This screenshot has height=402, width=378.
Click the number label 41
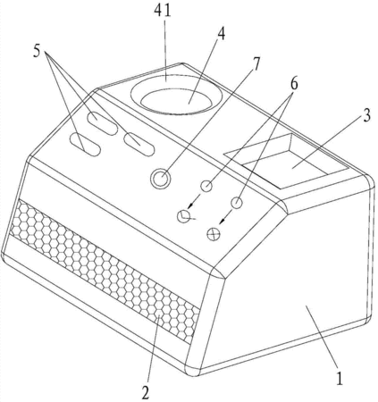(x=163, y=11)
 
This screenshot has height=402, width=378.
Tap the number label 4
(x=221, y=35)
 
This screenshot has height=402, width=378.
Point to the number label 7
(x=256, y=63)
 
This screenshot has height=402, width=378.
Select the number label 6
(x=293, y=84)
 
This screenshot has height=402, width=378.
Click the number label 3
(x=366, y=114)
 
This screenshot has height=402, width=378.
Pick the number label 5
(x=37, y=51)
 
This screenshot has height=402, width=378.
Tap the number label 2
(x=145, y=393)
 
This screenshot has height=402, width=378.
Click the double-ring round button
(x=160, y=179)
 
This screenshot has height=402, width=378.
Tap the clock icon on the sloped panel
(x=183, y=216)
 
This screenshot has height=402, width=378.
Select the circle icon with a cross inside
(x=214, y=234)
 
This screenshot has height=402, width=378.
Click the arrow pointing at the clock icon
(x=196, y=202)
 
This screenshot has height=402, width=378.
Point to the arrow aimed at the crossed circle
(x=225, y=217)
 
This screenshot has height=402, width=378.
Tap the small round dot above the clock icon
(x=206, y=186)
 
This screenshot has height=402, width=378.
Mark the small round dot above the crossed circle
(x=237, y=203)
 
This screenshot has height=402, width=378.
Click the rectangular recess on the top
(x=286, y=162)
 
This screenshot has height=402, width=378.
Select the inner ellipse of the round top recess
(x=177, y=102)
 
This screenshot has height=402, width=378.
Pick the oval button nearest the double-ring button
(x=139, y=145)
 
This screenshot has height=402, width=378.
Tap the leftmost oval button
(x=85, y=145)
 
